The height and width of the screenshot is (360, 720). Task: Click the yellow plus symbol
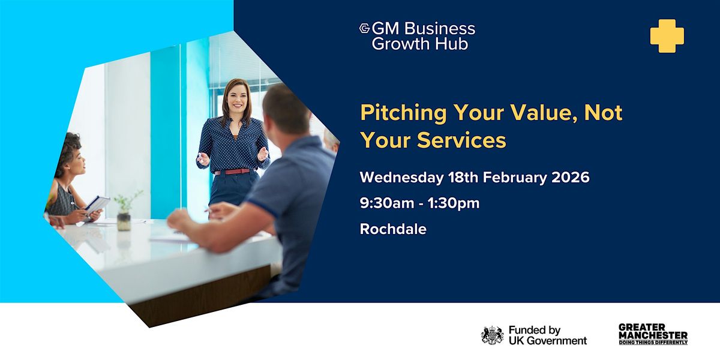pyautogui.click(x=667, y=36)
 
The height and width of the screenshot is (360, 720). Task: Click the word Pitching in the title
pyautogui.click(x=403, y=113)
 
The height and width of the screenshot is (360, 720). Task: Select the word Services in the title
pyautogui.click(x=461, y=140)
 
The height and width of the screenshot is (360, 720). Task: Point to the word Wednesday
pyautogui.click(x=401, y=178)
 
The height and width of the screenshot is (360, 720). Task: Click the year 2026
pyautogui.click(x=571, y=178)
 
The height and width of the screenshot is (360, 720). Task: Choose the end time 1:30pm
pyautogui.click(x=454, y=203)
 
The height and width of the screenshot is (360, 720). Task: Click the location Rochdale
pyautogui.click(x=393, y=229)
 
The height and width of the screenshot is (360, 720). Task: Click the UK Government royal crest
pyautogui.click(x=492, y=335)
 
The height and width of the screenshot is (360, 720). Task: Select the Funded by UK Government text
pyautogui.click(x=548, y=335)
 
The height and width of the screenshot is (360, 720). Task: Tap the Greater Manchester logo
pyautogui.click(x=653, y=334)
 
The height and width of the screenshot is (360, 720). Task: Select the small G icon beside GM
pyautogui.click(x=365, y=28)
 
